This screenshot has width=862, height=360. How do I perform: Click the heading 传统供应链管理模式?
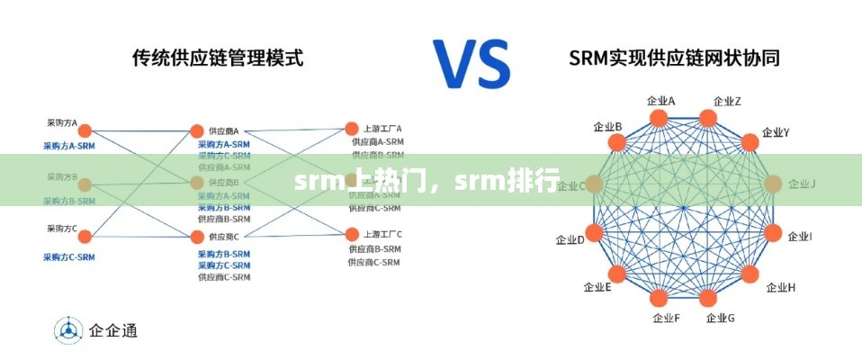217,58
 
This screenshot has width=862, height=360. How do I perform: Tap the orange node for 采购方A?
85,131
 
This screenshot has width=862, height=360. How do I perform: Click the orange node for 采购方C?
85,237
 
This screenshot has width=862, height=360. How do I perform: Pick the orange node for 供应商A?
197,131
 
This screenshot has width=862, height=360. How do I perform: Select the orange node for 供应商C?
197,237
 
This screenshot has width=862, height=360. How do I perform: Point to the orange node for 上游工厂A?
352,129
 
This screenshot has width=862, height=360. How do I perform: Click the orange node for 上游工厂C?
352,234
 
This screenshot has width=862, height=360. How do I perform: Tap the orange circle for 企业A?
660,118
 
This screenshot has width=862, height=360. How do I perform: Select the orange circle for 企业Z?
708,118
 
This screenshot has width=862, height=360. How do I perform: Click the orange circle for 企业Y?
750,142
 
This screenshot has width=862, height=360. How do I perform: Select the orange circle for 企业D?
594,232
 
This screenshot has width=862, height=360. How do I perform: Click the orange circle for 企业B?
617,142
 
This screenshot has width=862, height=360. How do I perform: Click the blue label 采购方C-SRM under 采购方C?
69,257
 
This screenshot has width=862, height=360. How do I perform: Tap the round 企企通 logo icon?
67,330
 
